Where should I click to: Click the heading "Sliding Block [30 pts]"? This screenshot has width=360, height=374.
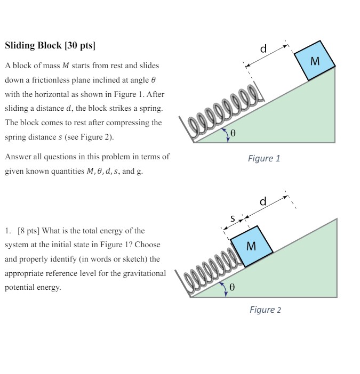coord(50,45)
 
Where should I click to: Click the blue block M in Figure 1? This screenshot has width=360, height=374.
coord(315,61)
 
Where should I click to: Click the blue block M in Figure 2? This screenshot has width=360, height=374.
coord(251,246)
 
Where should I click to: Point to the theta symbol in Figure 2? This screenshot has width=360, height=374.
coord(231,287)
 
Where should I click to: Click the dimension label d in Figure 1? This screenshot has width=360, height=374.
coord(263,50)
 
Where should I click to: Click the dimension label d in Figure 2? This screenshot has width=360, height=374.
coord(262,202)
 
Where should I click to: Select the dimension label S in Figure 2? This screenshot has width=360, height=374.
coord(232,218)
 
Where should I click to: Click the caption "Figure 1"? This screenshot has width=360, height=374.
coord(263,158)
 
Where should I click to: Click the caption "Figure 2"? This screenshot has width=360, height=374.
coord(265,310)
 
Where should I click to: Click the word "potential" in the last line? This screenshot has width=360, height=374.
coord(20,287)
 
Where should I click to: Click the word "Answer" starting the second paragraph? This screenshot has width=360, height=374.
coord(17,157)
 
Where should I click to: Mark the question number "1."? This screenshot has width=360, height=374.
coord(8,231)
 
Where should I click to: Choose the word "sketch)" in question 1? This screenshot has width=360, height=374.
coord(126,259)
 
